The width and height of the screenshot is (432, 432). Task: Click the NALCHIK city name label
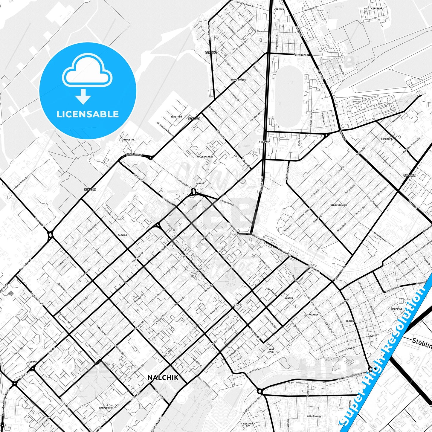163,378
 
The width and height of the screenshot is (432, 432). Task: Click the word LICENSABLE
88,114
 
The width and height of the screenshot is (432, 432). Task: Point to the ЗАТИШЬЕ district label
122,235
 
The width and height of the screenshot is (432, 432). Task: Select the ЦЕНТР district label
237,305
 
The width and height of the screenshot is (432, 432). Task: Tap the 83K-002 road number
409,175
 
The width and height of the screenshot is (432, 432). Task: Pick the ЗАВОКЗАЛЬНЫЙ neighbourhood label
338,205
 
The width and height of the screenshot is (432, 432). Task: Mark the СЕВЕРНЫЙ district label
376,9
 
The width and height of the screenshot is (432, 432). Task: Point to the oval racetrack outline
288,96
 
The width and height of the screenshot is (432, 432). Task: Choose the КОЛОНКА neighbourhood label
350,321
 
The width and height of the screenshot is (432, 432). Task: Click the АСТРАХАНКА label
311,315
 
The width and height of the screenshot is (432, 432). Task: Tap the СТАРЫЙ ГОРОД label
270,350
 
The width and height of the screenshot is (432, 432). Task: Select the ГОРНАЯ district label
33,362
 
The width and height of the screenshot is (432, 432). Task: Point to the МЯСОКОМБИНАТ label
205,156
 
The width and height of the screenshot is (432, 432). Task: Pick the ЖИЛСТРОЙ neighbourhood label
176,117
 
